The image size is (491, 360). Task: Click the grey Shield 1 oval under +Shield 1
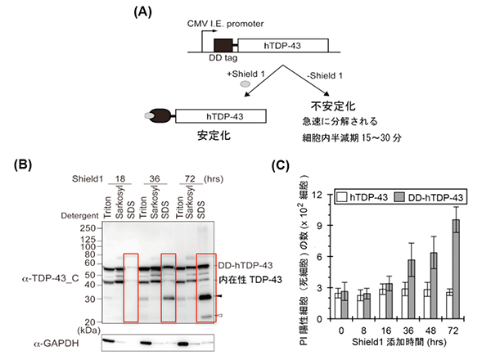click(244, 83)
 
